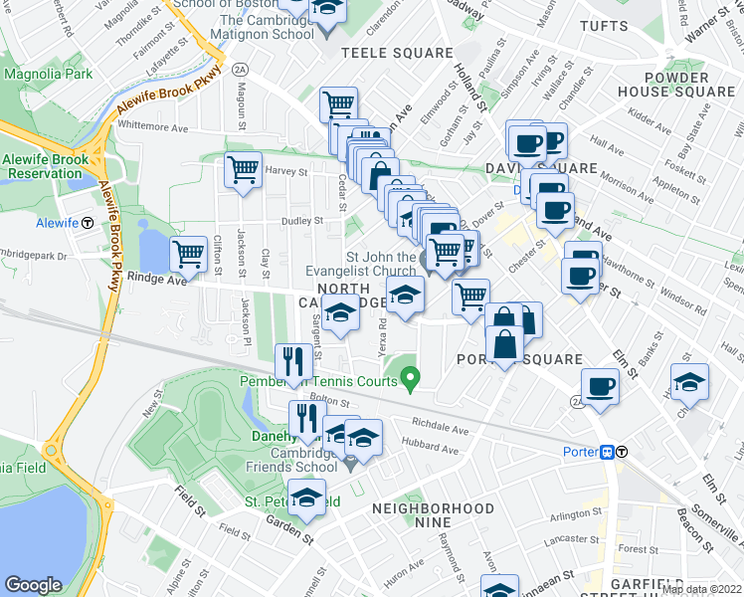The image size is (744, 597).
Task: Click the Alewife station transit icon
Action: (x=88, y=224)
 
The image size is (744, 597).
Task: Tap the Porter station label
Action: (x=579, y=451)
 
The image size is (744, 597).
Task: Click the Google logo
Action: (x=33, y=585)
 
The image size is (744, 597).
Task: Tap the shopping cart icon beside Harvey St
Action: (x=243, y=169)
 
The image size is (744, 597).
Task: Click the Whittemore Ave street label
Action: (x=152, y=127)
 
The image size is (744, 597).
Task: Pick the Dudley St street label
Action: (x=303, y=221)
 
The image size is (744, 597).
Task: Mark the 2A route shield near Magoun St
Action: (x=240, y=70)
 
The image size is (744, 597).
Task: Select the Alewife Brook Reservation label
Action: (x=45, y=166)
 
